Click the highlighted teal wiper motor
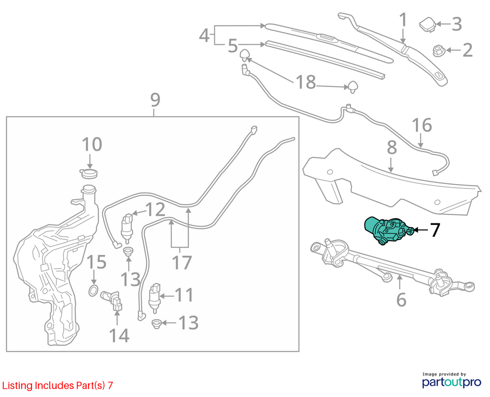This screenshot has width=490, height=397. tap(389, 231)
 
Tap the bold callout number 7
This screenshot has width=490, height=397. tap(435, 230)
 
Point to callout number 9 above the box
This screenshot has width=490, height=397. tap(156, 99)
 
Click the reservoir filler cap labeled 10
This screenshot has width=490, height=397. tap(89, 173)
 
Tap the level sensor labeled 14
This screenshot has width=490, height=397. tap(111, 300)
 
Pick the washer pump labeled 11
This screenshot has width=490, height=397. tap(155, 298)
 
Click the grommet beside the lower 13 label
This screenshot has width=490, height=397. tap(156, 324)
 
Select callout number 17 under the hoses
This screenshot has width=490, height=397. tap(181, 263)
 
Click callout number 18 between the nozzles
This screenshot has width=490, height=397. tap(306, 82)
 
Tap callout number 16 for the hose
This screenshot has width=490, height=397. tap(422, 125)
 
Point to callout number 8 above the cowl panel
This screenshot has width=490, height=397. tap(392, 148)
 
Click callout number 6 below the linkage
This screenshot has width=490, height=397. tap(401, 299)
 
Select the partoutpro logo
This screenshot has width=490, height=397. tap(452, 380)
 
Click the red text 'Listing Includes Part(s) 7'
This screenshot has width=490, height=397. tap(57, 386)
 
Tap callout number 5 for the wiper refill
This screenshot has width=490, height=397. tap(233, 45)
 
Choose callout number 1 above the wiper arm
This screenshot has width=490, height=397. tap(403, 20)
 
